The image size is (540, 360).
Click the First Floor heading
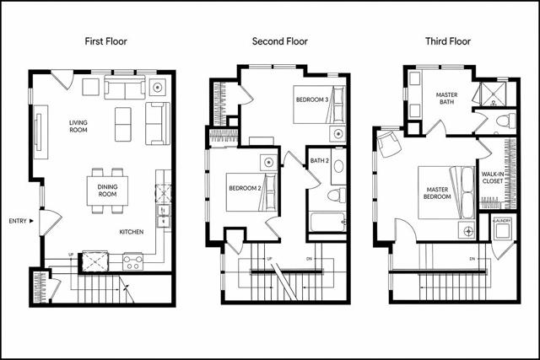pos(105,41)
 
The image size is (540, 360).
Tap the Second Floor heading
pos(279,41)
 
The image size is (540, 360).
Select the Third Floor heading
pos(448,41)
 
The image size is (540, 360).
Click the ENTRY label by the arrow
pos(18,221)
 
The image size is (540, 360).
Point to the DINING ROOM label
pos(107,191)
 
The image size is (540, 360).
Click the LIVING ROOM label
pos(78,126)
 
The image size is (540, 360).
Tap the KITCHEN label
pos(132,232)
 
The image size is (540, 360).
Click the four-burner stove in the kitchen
pos(133,261)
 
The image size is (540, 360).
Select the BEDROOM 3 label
pos(312,99)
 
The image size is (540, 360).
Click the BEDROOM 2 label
pos(245,188)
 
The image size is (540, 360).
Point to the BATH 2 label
pos(319,161)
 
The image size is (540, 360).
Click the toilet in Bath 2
pos(337,196)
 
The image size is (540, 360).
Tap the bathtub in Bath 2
pos(327,223)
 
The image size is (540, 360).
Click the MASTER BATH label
pos(446,99)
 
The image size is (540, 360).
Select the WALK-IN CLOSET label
pos(493,178)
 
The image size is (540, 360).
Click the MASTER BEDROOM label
pos(437,193)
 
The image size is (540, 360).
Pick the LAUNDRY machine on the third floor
pos(502,228)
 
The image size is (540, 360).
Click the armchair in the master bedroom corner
pos(389,144)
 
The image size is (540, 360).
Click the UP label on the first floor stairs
pos(71,255)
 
